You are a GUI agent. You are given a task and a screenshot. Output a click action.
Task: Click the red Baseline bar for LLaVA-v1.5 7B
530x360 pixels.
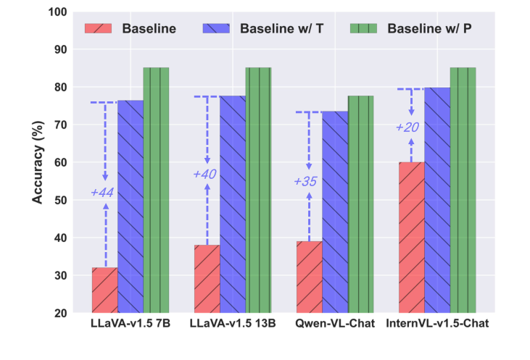coord(104,290)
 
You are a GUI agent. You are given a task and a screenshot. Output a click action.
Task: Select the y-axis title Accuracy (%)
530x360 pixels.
coord(38,162)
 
